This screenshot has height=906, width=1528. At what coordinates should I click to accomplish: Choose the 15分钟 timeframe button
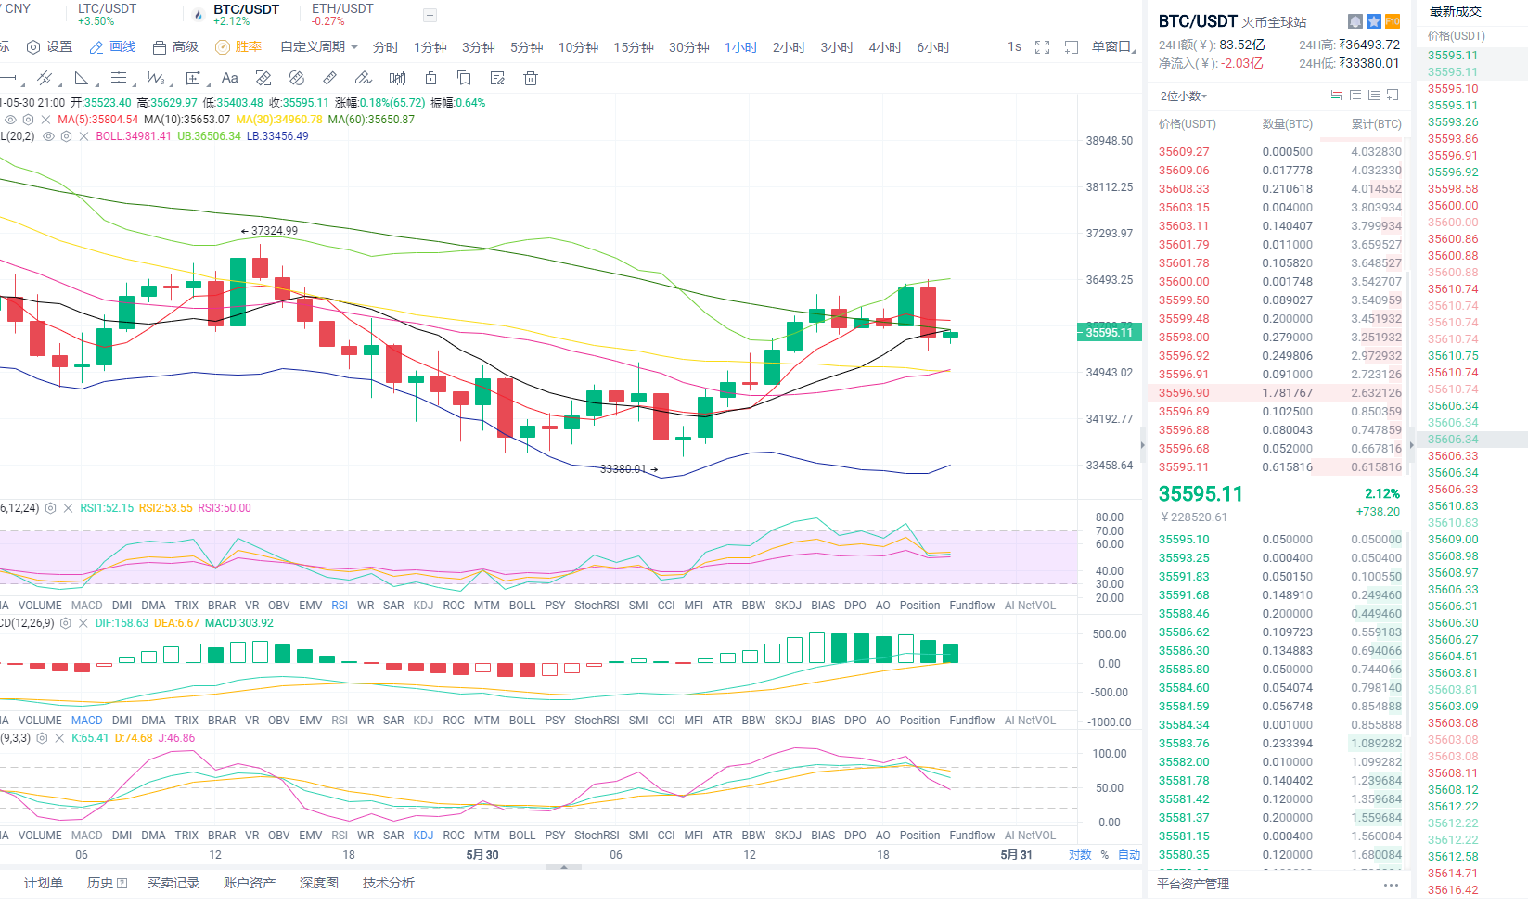coord(634,47)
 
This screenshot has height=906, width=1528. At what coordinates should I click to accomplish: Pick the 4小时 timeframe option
coord(885,47)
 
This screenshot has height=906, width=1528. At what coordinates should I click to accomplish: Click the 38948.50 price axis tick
coord(1110,141)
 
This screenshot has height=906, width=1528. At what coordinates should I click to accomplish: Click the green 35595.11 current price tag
coord(1109,333)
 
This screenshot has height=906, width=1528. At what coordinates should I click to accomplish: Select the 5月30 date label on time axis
coord(482,855)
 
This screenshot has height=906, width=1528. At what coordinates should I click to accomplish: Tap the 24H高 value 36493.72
coord(1370,45)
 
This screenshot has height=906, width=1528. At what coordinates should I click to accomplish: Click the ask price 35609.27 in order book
coord(1184,152)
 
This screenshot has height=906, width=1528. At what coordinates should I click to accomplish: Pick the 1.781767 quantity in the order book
coord(1287,393)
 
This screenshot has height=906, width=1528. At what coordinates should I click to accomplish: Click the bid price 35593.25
coord(1184,558)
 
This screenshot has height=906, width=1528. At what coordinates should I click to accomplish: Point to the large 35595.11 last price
coord(1201,494)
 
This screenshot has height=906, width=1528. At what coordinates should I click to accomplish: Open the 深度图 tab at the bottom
coord(318,883)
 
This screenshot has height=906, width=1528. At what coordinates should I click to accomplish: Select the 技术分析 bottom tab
coord(388,883)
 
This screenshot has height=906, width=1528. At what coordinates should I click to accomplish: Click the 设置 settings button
coord(50,47)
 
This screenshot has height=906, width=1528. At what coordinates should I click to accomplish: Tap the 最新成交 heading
coord(1455,12)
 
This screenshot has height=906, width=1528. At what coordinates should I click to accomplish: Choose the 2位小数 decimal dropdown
coord(1184,96)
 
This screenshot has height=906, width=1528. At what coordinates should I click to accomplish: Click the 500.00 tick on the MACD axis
coord(1110,634)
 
